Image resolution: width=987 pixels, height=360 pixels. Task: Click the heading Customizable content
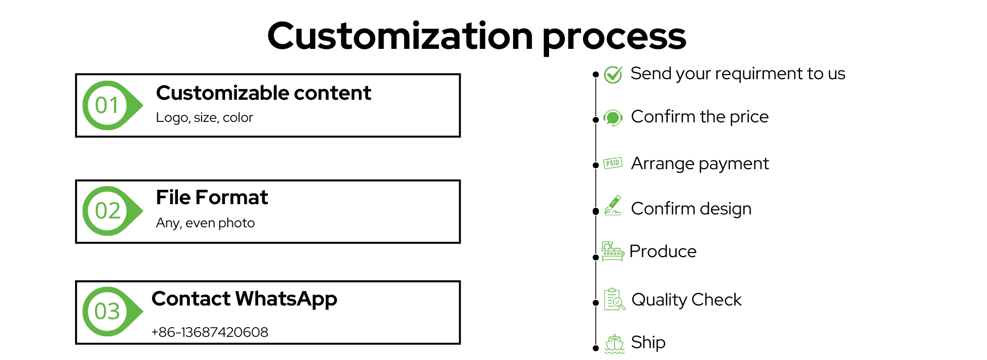(x=263, y=93)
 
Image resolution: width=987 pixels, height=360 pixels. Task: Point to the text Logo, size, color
(x=205, y=118)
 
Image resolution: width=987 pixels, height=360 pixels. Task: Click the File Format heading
(x=212, y=197)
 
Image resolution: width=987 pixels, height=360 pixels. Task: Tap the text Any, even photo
(x=206, y=223)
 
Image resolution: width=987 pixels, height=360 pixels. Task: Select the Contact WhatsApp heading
(x=244, y=299)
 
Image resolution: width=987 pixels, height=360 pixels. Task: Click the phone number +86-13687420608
(x=210, y=332)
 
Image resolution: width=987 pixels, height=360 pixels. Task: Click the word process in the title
(x=614, y=37)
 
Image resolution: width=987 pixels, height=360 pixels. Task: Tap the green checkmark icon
(x=613, y=75)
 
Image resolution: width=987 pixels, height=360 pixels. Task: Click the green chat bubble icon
(x=613, y=118)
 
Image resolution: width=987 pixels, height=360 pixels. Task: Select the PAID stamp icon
(x=613, y=163)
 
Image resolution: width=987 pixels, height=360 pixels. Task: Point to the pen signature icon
(x=613, y=205)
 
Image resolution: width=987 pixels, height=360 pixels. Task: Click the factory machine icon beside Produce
(x=613, y=251)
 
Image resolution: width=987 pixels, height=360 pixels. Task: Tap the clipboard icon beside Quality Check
(x=614, y=299)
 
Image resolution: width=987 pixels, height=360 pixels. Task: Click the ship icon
(x=614, y=344)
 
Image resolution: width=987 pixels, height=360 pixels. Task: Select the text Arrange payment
(x=700, y=164)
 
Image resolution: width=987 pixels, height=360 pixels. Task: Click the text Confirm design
(x=691, y=209)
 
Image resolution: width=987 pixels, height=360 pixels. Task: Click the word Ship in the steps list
(x=648, y=343)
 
